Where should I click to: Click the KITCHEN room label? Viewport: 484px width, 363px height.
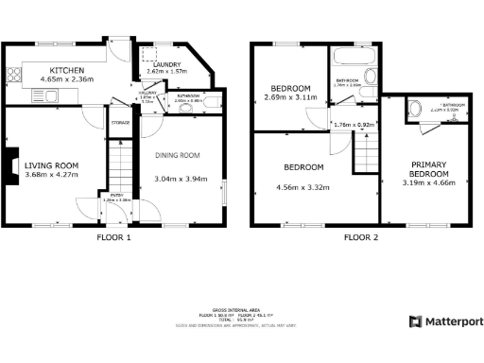67,70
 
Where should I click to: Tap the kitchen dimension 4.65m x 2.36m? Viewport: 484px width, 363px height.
67,80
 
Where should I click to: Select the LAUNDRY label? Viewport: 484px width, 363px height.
165,64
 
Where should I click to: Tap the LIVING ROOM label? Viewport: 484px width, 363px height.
51,165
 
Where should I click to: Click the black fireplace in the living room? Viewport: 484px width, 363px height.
9,166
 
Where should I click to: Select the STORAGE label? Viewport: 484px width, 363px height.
120,123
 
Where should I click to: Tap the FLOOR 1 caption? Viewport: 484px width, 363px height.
114,237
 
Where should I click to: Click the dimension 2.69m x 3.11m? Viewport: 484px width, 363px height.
286,97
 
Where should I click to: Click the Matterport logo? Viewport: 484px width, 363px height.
443,322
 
